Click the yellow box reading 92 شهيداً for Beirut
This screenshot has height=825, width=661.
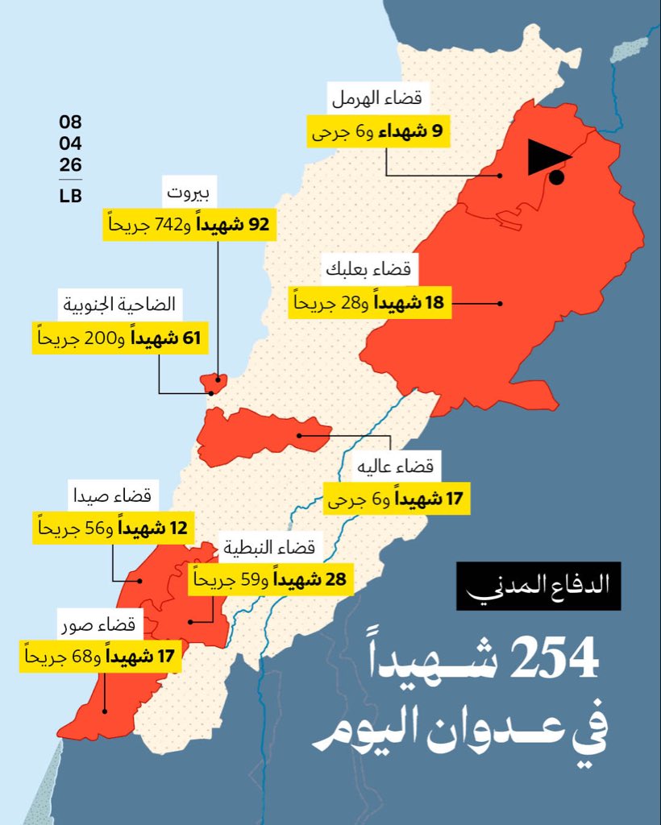(x=189, y=225)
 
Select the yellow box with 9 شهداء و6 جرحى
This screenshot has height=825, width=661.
(x=378, y=131)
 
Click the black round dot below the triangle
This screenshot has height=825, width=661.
(x=557, y=178)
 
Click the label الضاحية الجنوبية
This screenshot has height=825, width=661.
(x=121, y=306)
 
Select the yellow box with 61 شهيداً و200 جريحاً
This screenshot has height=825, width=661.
(x=121, y=338)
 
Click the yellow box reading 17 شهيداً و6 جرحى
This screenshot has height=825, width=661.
(x=397, y=500)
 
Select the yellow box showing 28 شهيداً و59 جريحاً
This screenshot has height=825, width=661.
(x=270, y=579)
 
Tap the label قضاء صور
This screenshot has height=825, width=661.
(x=110, y=624)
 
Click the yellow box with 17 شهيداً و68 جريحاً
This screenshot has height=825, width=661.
(x=98, y=657)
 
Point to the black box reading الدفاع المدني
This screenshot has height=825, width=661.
(x=527, y=586)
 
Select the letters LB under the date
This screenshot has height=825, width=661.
(x=70, y=196)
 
